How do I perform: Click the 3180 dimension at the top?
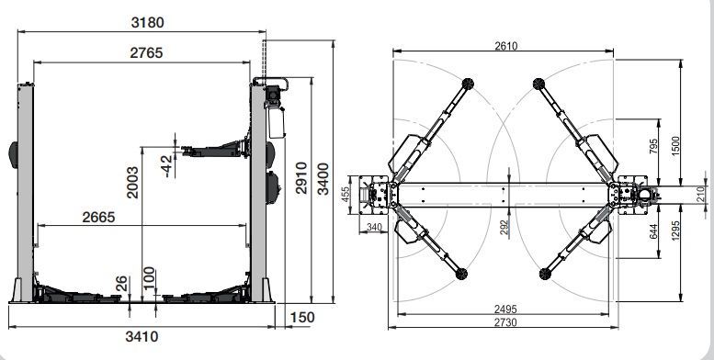pyautogui.click(x=147, y=22)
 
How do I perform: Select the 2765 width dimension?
pyautogui.click(x=146, y=52)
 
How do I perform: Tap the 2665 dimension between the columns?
pyautogui.click(x=99, y=217)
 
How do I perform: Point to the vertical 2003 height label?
pyautogui.click(x=132, y=183)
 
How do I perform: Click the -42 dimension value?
pyautogui.click(x=167, y=165)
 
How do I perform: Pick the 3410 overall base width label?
pyautogui.click(x=142, y=337)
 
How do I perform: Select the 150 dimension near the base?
pyautogui.click(x=302, y=317)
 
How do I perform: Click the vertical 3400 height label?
pyautogui.click(x=323, y=179)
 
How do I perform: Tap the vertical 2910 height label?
pyautogui.click(x=301, y=178)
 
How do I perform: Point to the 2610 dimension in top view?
pyautogui.click(x=506, y=46)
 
